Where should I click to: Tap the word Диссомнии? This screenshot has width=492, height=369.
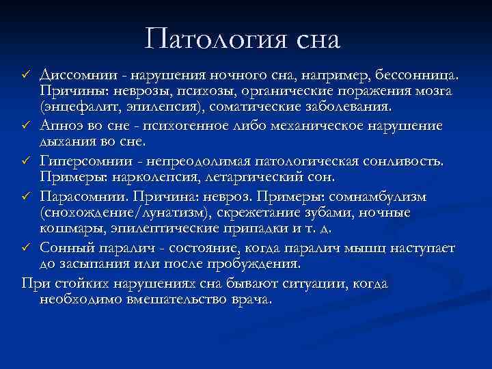76,73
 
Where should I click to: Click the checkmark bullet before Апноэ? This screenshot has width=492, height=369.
26,126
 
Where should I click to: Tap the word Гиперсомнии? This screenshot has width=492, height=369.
84,160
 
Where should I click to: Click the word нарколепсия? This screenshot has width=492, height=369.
147,177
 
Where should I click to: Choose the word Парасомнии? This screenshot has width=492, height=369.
80,195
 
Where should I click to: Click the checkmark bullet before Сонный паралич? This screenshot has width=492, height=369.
26,247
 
